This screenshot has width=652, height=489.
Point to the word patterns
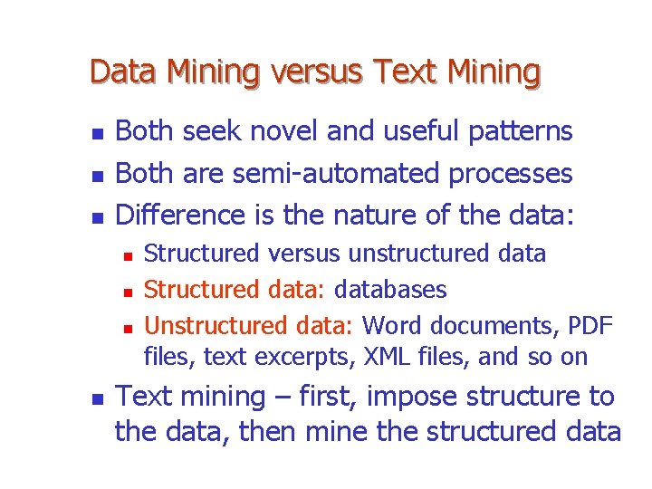tap(521, 132)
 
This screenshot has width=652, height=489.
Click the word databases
tap(390, 290)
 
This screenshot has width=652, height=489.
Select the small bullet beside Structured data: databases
tap(128, 292)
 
